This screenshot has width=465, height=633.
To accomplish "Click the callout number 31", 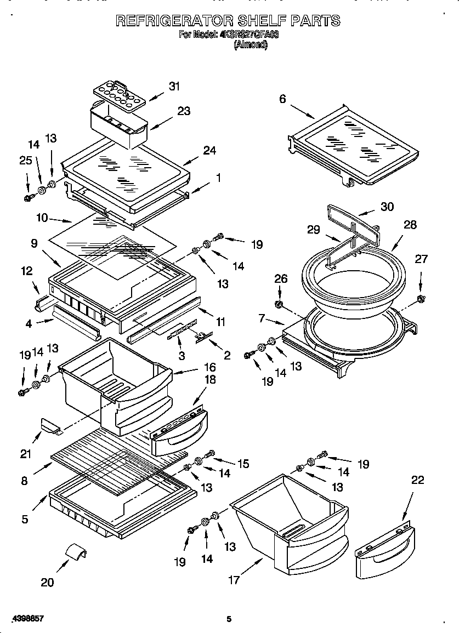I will point(174,87).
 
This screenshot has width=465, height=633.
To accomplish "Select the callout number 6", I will point(282,99).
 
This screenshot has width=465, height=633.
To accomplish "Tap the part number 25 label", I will point(26,160).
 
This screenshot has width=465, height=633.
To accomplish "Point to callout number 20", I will point(47,583).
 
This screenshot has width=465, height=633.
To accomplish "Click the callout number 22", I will point(418,481).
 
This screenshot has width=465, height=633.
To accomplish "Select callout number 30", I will point(387,207).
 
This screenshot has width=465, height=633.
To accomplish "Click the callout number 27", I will point(421,259).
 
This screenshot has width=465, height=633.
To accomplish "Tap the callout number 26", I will point(280,279).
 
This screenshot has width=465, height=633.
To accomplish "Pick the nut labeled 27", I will point(421,298).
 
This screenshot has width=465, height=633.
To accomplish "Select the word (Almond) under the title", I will point(251,45).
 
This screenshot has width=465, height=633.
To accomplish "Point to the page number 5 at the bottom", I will point(229,619).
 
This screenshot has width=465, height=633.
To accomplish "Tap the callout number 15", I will point(242,464).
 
